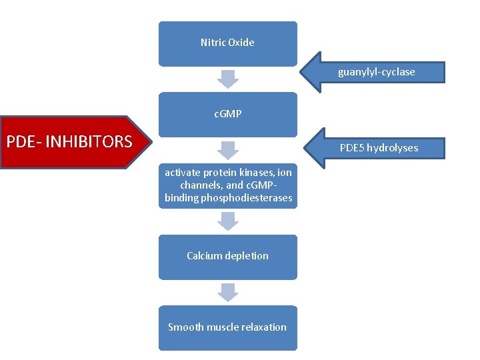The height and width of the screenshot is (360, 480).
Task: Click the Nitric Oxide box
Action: [227, 43]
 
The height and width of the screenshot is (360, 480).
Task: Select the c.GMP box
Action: [227, 114]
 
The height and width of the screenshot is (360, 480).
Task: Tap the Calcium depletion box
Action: [227, 256]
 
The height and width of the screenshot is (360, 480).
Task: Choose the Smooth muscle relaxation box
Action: [227, 327]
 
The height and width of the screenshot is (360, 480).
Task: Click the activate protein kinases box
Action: [227, 185]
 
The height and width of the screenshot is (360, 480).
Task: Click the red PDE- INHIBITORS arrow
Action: [73, 142]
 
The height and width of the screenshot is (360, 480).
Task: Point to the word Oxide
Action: [241, 43]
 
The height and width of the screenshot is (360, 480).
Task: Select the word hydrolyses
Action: [393, 148]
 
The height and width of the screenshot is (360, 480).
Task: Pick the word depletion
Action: [247, 256]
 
